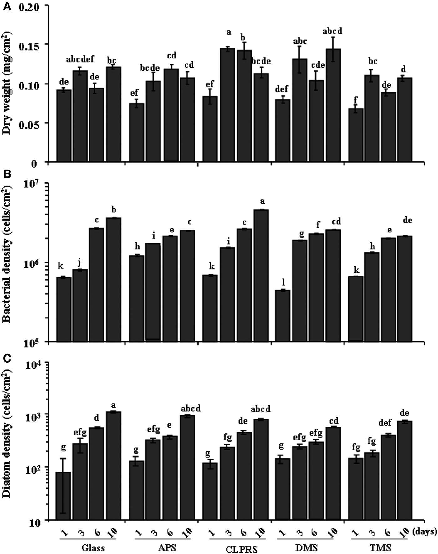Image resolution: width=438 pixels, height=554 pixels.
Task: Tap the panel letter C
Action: (7, 358)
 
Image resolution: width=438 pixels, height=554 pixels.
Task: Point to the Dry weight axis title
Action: (8, 84)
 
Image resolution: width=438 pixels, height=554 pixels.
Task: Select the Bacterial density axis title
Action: (8, 262)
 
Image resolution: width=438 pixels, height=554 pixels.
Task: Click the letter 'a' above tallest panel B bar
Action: (262, 201)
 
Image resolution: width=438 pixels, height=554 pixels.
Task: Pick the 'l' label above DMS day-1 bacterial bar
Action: (283, 282)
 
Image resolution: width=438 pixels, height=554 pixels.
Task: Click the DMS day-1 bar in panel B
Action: (283, 316)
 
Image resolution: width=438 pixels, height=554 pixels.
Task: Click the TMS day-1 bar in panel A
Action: (355, 135)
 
